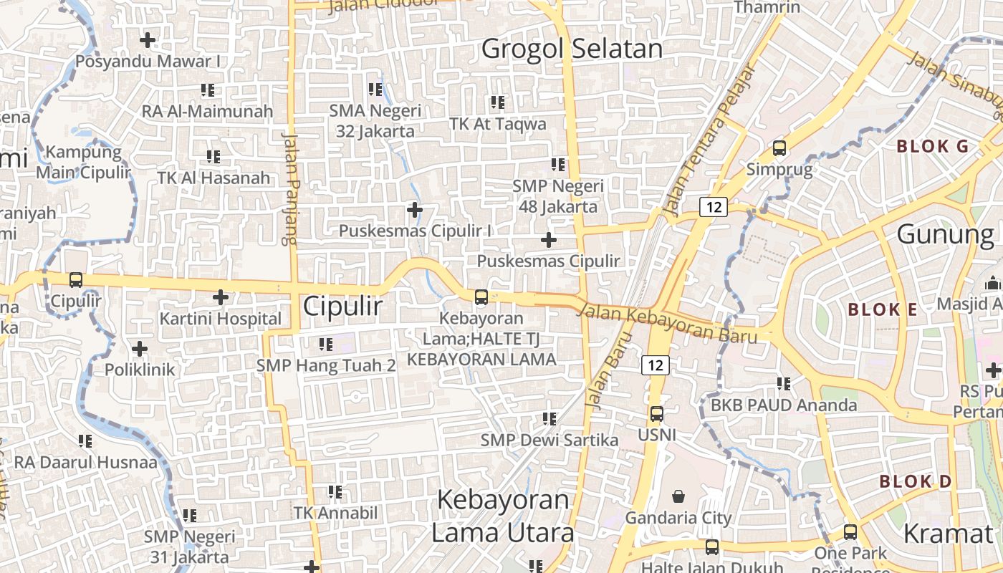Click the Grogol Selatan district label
pos(572,49)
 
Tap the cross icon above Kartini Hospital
pos(221,297)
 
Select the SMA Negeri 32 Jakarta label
pos(375,121)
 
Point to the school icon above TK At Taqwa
pos(498,102)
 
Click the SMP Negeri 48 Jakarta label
pos(558,196)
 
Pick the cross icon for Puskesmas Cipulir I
pos(414,210)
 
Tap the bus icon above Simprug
pos(779,148)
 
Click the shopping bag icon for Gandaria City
pos(678,496)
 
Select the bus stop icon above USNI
pos(656,413)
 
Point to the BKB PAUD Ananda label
pos(784,405)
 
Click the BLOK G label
pos(933,147)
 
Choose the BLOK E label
pos(883,310)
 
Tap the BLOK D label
pos(916,481)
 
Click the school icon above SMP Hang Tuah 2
pos(326,345)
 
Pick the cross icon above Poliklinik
pos(140,349)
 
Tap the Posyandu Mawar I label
pos(148,62)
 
